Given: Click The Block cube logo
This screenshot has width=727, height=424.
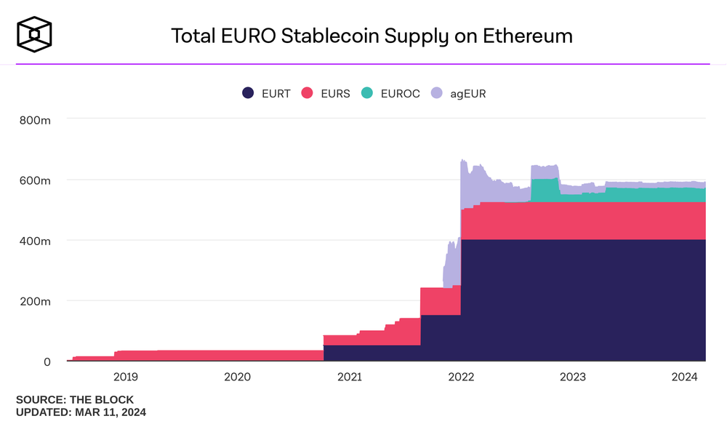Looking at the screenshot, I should pyautogui.click(x=35, y=35).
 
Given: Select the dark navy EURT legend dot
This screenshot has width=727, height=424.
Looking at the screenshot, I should pyautogui.click(x=248, y=93).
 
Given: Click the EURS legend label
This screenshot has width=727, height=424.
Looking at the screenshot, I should pyautogui.click(x=334, y=93).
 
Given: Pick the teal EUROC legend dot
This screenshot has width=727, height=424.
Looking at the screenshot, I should pyautogui.click(x=366, y=93).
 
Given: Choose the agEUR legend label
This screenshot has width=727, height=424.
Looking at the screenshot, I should pyautogui.click(x=467, y=93).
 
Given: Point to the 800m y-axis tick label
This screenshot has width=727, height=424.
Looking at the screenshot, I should pyautogui.click(x=34, y=119).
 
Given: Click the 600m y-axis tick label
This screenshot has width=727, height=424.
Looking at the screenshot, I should pyautogui.click(x=34, y=180).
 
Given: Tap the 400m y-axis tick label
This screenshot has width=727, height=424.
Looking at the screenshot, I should pyautogui.click(x=34, y=240).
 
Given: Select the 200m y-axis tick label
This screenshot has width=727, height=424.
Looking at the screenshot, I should pyautogui.click(x=34, y=301).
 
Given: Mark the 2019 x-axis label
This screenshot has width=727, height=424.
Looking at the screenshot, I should pyautogui.click(x=125, y=377).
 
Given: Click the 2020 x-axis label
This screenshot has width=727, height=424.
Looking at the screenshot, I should pyautogui.click(x=237, y=377).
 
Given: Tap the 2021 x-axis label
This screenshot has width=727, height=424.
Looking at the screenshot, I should pyautogui.click(x=349, y=377).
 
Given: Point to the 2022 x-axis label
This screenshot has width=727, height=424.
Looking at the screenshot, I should pyautogui.click(x=461, y=377).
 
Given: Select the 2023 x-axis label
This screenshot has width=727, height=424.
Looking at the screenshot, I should pyautogui.click(x=573, y=377).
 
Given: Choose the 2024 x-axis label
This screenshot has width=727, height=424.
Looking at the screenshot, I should pyautogui.click(x=685, y=377).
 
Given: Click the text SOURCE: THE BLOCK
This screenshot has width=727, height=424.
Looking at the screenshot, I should pyautogui.click(x=75, y=400).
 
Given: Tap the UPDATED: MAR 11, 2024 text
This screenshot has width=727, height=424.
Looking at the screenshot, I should pyautogui.click(x=81, y=412).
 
